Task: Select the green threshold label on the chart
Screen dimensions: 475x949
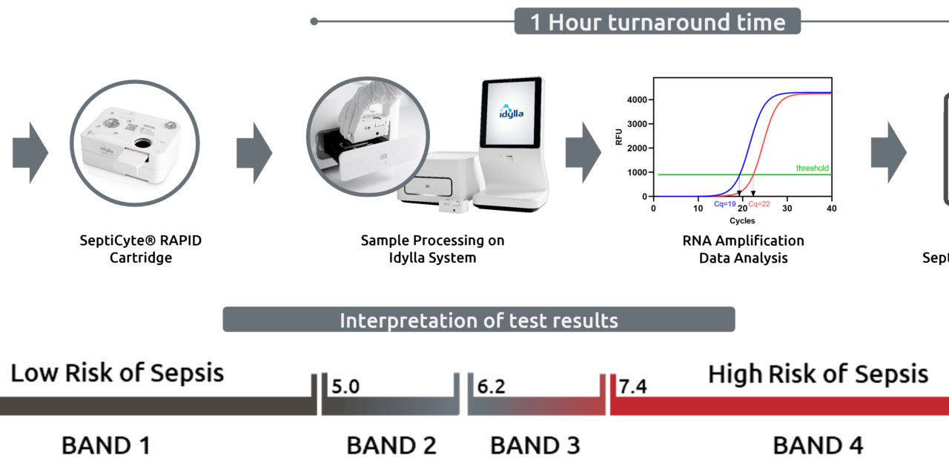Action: tap(812, 168)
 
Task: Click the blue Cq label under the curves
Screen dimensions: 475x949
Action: tap(725, 204)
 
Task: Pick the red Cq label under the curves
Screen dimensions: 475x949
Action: tap(758, 204)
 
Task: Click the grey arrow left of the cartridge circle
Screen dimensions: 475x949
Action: tap(30, 153)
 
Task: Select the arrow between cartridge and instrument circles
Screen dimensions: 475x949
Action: tap(254, 153)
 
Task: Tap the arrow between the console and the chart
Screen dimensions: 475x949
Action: tap(583, 153)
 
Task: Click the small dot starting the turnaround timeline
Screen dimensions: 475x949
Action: tap(314, 22)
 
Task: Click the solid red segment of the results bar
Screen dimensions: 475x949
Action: tap(778, 406)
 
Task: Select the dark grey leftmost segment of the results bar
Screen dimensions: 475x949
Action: tap(148, 406)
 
